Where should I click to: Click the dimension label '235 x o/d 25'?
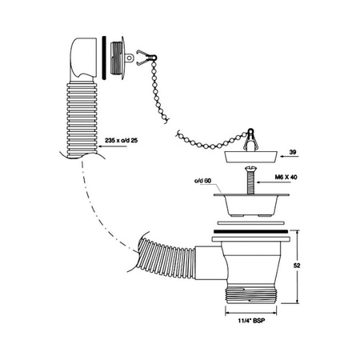tap(121, 140)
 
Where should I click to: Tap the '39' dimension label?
tap(293, 152)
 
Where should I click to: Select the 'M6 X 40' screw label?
tap(286, 177)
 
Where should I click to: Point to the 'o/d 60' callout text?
tap(202, 181)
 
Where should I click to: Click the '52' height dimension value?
tap(297, 266)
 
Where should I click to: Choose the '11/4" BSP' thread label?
tap(252, 321)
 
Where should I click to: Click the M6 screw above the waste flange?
tap(250, 180)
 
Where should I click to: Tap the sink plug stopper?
tap(250, 157)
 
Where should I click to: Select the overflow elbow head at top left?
tap(83, 59)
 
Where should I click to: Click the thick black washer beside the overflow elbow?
tap(104, 58)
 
